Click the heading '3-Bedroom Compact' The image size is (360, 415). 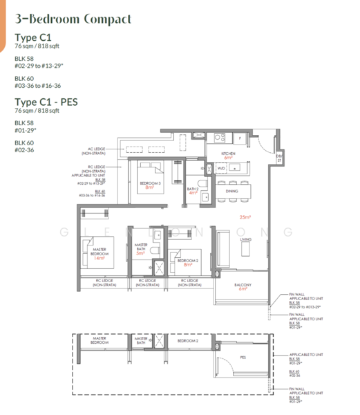click(x=73, y=19)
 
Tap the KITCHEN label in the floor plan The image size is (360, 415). click(x=228, y=154)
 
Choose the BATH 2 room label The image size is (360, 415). click(x=193, y=190)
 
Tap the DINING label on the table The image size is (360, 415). click(x=231, y=191)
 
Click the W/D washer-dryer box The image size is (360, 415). click(x=222, y=168)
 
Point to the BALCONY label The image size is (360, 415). click(x=243, y=284)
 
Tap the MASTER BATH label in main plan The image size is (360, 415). click(x=142, y=247)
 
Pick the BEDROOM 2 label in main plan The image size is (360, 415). click(x=185, y=261)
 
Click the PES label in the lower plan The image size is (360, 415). click(x=243, y=358)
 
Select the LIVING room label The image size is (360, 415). click(x=245, y=240)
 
